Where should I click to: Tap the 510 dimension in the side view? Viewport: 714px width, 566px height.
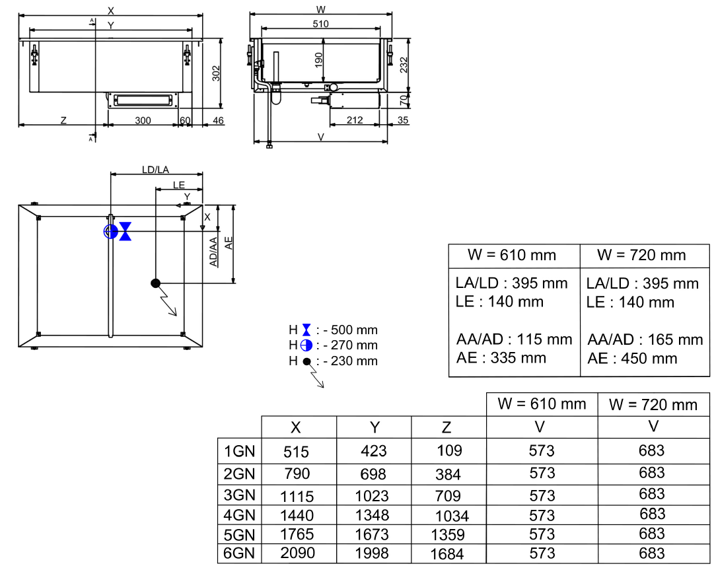coord(320,24)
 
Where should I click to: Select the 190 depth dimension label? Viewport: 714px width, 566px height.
coord(319,61)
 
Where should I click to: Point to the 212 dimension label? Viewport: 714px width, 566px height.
coord(354,120)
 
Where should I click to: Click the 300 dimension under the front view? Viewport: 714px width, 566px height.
coord(143,120)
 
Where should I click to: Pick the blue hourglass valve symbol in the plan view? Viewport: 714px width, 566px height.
coord(125,231)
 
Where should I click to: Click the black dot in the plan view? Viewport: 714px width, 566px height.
coord(156,283)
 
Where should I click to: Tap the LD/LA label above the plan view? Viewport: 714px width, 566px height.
coord(155,170)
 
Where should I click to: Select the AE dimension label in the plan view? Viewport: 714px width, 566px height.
coord(229,243)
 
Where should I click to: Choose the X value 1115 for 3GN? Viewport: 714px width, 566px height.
coord(297,496)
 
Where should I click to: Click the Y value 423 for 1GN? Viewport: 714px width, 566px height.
coord(374,452)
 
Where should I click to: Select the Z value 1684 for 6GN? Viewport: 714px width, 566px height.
coord(447,554)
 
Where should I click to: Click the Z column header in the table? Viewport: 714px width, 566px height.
coord(447,428)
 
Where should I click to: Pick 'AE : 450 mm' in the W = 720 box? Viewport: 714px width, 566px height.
coord(632,359)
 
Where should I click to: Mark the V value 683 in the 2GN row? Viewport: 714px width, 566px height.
coord(652,473)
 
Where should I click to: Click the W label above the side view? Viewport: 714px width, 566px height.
coord(321,9)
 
